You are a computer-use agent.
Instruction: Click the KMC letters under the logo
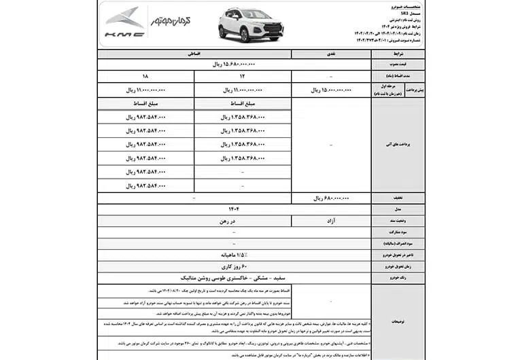(124, 34)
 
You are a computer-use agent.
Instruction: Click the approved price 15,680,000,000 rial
(234, 65)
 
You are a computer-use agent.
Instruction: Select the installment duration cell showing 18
(145, 77)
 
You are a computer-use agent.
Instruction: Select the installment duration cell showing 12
(243, 77)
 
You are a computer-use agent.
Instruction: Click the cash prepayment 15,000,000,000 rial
(332, 90)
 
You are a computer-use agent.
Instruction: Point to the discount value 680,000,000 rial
(331, 198)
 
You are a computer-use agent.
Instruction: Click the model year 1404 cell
(234, 209)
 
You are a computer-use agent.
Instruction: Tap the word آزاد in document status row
(331, 221)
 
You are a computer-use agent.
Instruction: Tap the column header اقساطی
(194, 53)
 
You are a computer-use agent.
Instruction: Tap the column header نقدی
(331, 53)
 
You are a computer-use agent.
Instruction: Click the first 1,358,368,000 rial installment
(243, 117)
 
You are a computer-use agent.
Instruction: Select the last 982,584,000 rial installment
(145, 185)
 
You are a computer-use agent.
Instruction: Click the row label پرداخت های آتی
(398, 145)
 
